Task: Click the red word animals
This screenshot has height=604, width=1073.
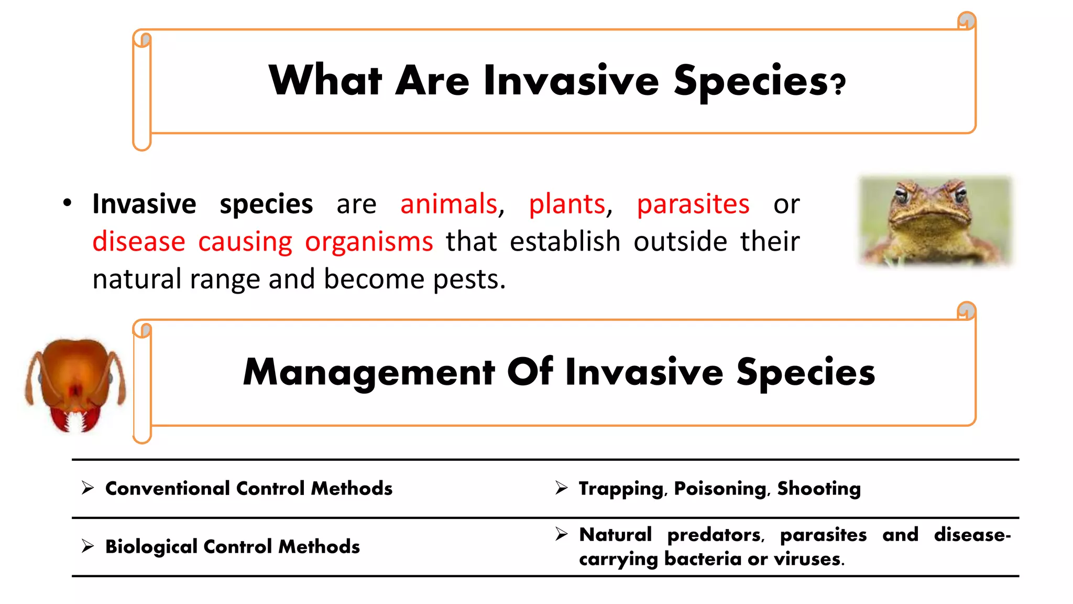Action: click(448, 204)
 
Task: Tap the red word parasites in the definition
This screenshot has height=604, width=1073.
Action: click(693, 204)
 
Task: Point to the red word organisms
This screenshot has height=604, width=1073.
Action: click(369, 242)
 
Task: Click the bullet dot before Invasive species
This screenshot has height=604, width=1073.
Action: click(67, 202)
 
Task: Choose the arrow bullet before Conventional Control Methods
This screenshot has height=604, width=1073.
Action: click(87, 488)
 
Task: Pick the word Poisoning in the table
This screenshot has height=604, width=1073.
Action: click(720, 489)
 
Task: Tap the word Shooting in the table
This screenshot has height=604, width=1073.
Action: click(818, 489)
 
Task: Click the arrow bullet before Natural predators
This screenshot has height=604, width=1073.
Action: click(561, 534)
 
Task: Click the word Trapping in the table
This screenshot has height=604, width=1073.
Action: click(620, 489)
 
